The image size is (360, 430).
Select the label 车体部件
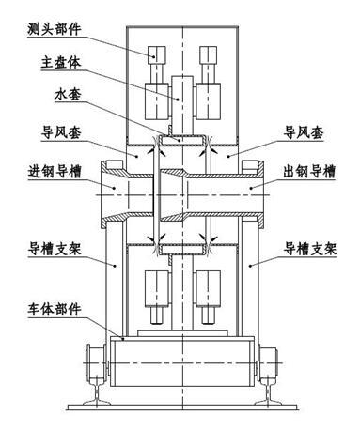click(53, 309)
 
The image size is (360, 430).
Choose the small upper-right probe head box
click(207, 54)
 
